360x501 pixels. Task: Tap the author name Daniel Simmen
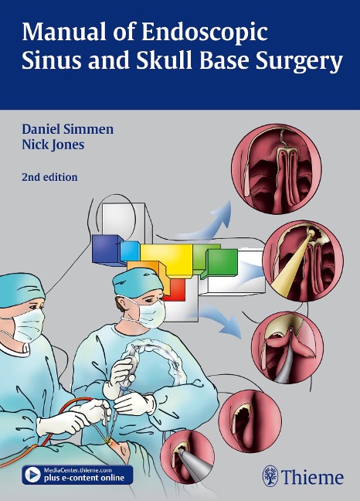pos(68,129)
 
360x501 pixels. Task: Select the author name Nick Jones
pos(53,145)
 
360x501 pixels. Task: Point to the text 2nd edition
pos(49,177)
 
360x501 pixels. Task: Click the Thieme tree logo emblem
pos(270,476)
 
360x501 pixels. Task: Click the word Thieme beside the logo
pos(313,477)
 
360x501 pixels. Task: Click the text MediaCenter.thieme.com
pos(77,470)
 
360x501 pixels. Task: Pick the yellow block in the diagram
pos(167,260)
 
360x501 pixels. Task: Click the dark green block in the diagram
pos(222,261)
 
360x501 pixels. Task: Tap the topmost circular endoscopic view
pos(277,169)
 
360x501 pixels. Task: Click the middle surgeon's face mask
pos(149,313)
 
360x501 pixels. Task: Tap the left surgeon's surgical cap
pos(21,290)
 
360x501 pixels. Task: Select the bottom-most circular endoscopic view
pos(187,457)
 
